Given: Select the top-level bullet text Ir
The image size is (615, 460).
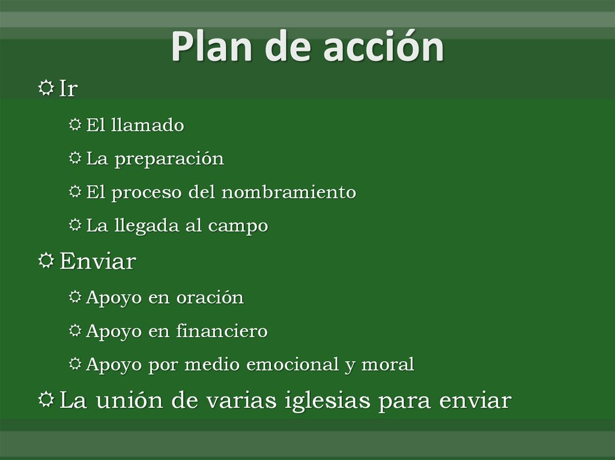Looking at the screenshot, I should click(x=68, y=89).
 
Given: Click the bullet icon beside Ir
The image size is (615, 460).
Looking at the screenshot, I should click(x=46, y=88).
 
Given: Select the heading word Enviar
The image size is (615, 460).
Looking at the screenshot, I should click(x=97, y=261).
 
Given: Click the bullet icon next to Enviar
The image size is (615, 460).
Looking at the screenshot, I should click(x=46, y=261).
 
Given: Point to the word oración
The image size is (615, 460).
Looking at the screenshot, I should click(x=210, y=297).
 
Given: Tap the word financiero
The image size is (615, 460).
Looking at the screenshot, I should click(x=222, y=331).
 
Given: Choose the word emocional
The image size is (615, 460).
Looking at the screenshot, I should click(x=288, y=365).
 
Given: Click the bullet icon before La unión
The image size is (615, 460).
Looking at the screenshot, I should click(x=46, y=399).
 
